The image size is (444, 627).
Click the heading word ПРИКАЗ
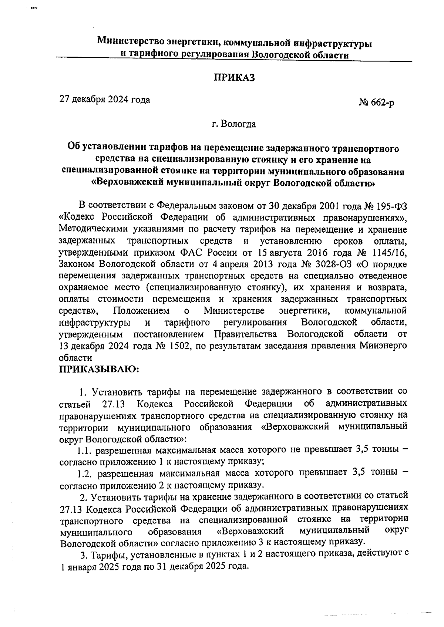[234, 78]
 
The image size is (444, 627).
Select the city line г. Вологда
[233, 124]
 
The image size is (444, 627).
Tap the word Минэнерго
[383, 346]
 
